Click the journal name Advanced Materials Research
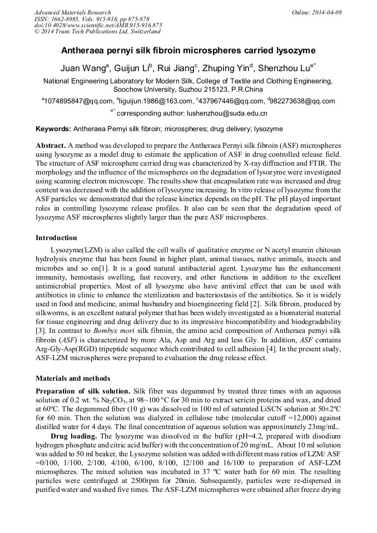pos(72,12)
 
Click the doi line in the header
pos(98,25)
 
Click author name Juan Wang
pos(83,68)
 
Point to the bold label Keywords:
pos(53,129)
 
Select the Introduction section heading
pos(56,238)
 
